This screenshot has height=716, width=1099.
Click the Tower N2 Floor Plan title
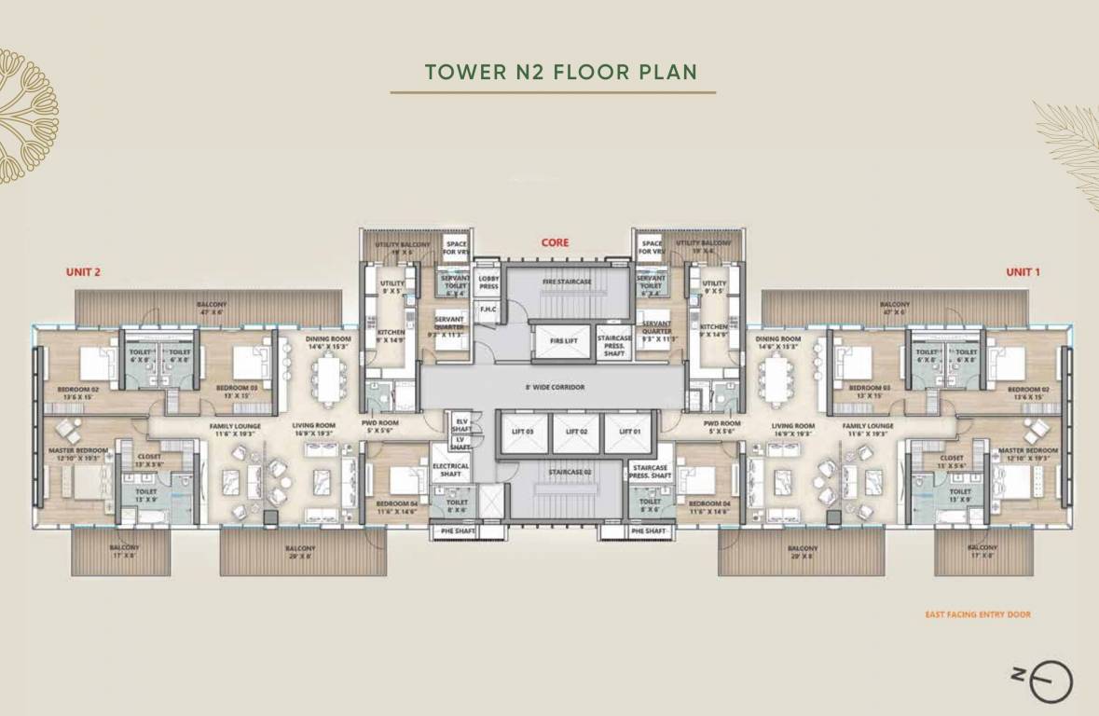560,72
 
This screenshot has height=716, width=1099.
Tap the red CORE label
556,243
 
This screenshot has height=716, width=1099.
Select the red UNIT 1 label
1022,272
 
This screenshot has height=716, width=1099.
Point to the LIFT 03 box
522,432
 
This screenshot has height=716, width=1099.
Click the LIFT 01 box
631,432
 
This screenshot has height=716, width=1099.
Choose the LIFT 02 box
576,432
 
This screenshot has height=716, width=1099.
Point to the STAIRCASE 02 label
570,473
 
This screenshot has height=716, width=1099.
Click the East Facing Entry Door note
977,614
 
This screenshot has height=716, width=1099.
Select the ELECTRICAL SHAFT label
451,470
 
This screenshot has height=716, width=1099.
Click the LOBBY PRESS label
488,282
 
